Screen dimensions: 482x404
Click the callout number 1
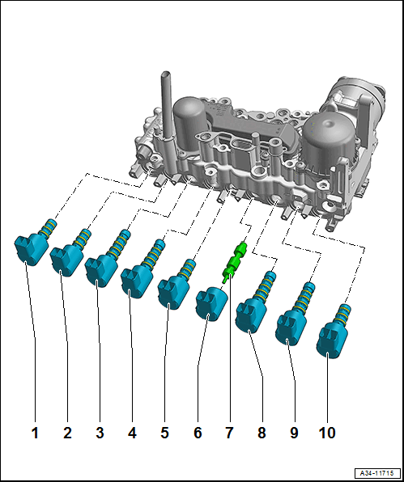click(x=35, y=433)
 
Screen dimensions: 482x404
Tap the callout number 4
click(x=132, y=433)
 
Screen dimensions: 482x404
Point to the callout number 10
click(x=326, y=433)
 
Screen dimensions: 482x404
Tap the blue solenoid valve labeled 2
click(x=67, y=256)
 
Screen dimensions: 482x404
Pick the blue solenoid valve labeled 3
click(x=103, y=267)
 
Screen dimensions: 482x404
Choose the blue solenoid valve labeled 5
click(x=174, y=290)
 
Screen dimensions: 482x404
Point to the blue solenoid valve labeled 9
click(x=291, y=322)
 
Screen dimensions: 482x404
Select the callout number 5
click(x=164, y=433)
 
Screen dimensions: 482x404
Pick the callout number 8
click(x=262, y=433)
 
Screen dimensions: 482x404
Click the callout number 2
click(x=67, y=433)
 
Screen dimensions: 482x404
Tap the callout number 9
click(x=294, y=433)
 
